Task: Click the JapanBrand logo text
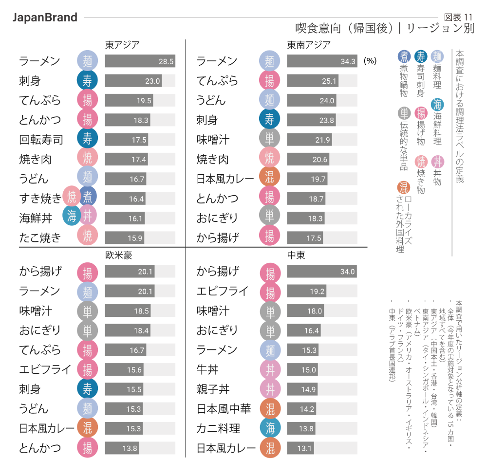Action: click(45, 18)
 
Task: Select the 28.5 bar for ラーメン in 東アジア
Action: click(140, 61)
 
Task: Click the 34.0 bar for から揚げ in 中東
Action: click(321, 272)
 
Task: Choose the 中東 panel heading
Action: click(296, 255)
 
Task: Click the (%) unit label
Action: click(371, 61)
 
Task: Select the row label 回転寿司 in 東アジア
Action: click(41, 140)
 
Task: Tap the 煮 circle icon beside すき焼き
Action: click(88, 197)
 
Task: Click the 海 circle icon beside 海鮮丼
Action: click(72, 216)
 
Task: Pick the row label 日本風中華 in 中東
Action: click(224, 409)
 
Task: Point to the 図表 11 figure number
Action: click(458, 17)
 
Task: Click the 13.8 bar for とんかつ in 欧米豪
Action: click(122, 448)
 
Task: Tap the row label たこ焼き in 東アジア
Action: click(40, 237)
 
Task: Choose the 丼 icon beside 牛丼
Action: click(270, 370)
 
